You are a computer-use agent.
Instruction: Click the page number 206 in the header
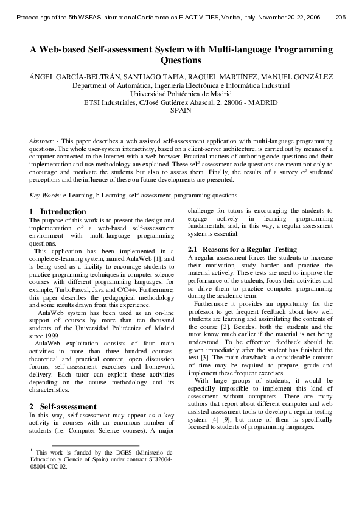[341, 17]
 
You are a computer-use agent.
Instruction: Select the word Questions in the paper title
[181, 61]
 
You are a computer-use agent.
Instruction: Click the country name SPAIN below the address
[181, 111]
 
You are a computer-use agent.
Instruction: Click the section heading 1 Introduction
[50, 211]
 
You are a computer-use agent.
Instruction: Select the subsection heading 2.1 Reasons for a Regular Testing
[242, 249]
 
